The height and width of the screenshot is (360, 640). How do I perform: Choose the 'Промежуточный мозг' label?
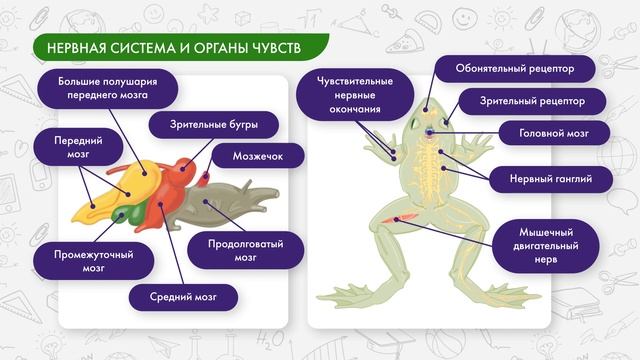coord(94,261)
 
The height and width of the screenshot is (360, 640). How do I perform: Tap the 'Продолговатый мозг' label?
coord(246,250)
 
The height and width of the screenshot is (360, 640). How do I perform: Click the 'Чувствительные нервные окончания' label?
coord(354,95)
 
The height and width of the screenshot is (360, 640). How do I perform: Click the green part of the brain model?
coord(126,213)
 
